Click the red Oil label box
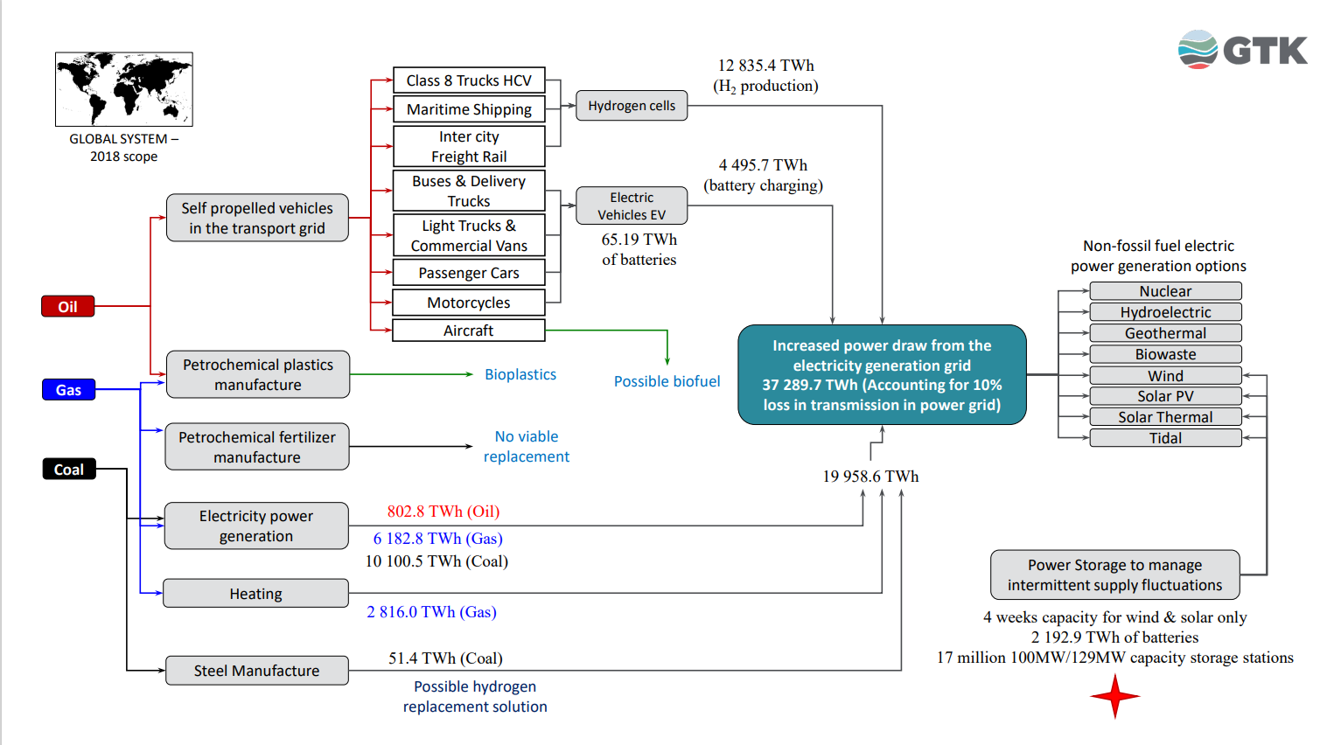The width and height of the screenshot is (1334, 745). click(x=67, y=306)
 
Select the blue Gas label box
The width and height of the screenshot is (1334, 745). click(x=68, y=389)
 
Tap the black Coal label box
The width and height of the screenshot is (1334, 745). click(x=69, y=470)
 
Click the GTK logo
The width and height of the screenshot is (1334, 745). click(x=1243, y=50)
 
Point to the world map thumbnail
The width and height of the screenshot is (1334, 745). click(x=124, y=89)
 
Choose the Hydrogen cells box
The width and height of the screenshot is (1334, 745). click(x=632, y=106)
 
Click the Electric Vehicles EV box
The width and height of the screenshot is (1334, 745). click(x=632, y=206)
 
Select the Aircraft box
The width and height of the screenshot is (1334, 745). click(x=469, y=331)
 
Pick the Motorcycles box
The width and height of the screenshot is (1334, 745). click(x=469, y=303)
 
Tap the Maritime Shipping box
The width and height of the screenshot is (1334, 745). click(x=469, y=109)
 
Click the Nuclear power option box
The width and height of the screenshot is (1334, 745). click(x=1165, y=291)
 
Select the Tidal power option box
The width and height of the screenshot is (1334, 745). click(x=1165, y=438)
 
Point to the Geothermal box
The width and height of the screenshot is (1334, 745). click(x=1165, y=333)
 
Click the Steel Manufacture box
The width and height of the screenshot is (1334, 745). click(x=256, y=671)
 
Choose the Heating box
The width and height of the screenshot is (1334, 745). click(x=256, y=594)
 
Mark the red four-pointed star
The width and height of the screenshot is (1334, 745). click(x=1115, y=696)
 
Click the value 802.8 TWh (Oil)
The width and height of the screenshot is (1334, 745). click(x=444, y=512)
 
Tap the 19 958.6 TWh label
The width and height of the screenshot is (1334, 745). click(x=870, y=477)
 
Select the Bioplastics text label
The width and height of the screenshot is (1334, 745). click(x=520, y=374)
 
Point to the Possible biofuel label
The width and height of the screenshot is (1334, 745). click(x=667, y=381)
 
